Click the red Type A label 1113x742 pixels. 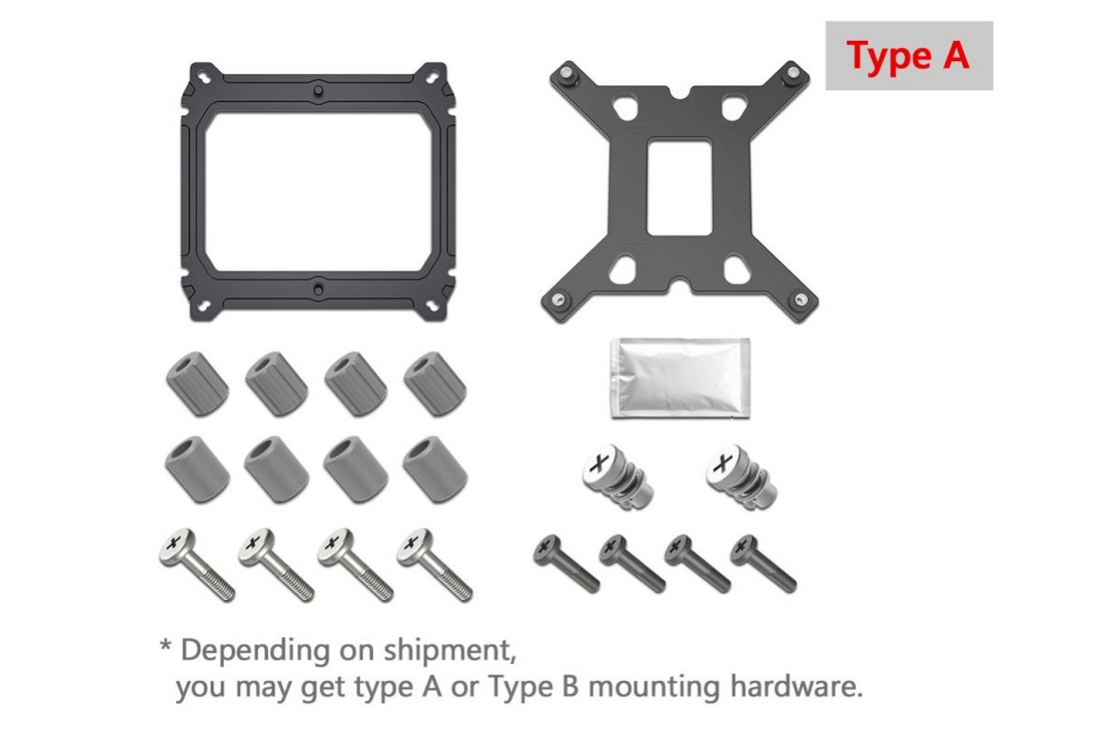pos(908,56)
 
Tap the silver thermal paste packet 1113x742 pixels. pos(680,378)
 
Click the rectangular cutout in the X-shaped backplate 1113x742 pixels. pos(680,187)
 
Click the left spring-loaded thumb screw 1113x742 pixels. pos(617,477)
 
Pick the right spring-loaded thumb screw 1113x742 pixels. pos(741,477)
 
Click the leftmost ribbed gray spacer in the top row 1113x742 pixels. pos(198,384)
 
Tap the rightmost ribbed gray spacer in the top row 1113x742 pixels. pos(435,384)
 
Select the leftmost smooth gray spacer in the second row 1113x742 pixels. pos(198,469)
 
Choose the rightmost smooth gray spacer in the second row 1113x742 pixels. pos(435,469)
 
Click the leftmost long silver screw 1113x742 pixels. pos(198,565)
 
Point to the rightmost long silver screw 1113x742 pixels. pos(435,565)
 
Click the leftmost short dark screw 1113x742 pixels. pos(567,563)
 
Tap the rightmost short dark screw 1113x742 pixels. pos(763,563)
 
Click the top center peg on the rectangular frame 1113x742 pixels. pos(318,91)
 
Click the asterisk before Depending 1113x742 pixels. pos(165,646)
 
